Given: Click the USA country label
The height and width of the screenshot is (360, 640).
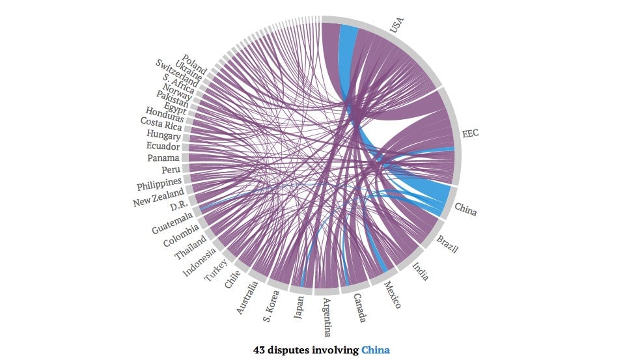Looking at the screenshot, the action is pos(397,25).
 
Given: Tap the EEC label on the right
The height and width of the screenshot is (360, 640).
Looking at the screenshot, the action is pos(470,133).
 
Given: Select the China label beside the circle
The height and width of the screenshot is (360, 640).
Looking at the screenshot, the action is pos(466,209).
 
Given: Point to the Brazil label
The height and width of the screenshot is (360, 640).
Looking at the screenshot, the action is pos(447,244).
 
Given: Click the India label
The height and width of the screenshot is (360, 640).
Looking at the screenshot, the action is pos(420,271).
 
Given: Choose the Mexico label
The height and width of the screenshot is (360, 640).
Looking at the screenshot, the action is pos(393,295).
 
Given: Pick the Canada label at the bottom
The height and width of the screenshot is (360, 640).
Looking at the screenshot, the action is pos(359,308).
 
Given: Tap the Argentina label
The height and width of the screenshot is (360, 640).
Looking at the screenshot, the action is pos(327,317).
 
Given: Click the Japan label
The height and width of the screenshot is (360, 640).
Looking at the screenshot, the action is pos(299,307).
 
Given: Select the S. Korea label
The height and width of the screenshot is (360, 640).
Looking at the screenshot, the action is pos(271,306).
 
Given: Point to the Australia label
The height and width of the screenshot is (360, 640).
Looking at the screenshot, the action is pos(247,298).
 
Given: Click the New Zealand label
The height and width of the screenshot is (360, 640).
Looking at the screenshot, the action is pos(158,197).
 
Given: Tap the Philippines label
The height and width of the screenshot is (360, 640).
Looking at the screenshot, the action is pos(159,184).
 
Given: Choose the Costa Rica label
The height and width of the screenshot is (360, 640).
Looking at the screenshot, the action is pos(161,124).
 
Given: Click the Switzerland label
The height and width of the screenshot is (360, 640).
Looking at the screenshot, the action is pos(176,74).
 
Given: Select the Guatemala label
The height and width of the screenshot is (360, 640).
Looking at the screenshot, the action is pos(173,223).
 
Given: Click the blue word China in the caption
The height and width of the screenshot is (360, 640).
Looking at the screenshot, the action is pos(376,350).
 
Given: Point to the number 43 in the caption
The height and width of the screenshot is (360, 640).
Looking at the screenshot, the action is pos(258,350).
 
